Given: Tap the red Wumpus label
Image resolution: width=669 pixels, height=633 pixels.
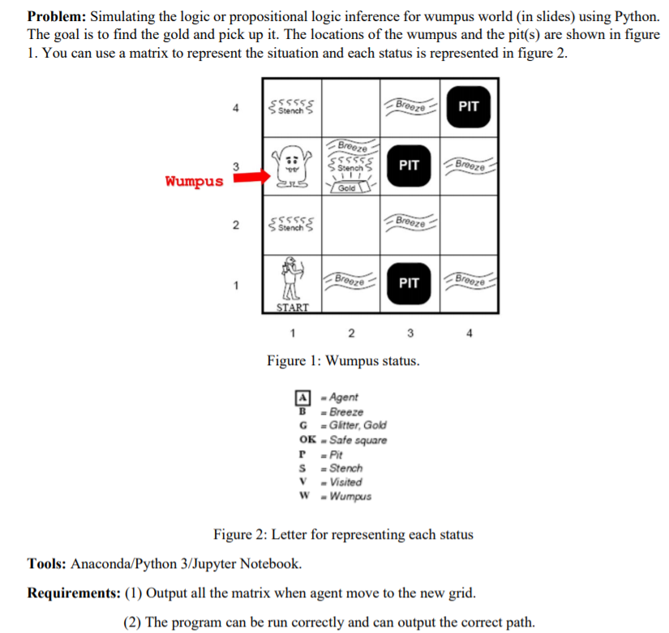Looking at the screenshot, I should coord(194,180).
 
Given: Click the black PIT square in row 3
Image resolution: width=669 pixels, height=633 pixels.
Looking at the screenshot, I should coord(410,166).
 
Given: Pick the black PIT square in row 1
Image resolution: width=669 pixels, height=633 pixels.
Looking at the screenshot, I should coord(410,282).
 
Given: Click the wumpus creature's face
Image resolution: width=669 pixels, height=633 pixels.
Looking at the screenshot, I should coord(293,162).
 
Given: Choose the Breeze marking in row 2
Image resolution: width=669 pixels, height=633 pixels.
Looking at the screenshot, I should coord(410,221).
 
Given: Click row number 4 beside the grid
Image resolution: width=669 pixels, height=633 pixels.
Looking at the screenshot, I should coord(235,107).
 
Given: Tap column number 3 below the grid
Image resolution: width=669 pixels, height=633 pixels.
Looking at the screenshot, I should coord(410,333).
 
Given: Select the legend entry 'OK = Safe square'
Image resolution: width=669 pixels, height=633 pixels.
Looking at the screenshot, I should coord(343,440).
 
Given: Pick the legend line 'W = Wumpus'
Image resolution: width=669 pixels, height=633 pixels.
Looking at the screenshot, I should coord(336,496).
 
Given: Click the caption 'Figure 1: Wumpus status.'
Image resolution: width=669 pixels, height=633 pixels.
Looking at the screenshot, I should coord(343,360).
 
